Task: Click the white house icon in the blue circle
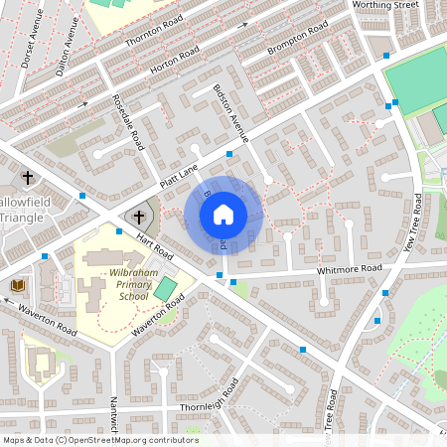click(x=223, y=214)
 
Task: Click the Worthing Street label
click(x=386, y=6)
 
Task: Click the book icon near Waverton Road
click(x=18, y=286)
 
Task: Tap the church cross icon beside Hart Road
click(x=139, y=216)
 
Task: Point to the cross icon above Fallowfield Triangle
click(x=28, y=179)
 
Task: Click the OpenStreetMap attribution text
click(x=99, y=440)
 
